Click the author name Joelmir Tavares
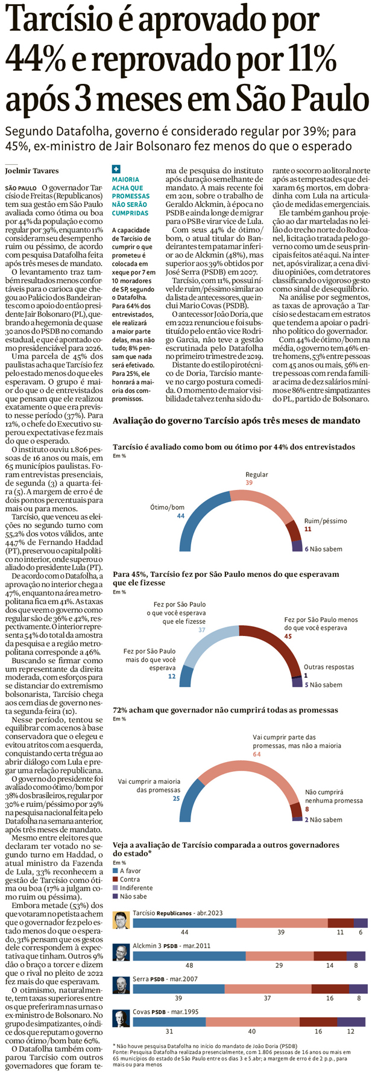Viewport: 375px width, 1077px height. (x=32, y=171)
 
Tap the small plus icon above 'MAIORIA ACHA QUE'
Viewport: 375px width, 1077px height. (x=116, y=170)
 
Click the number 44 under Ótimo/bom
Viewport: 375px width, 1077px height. (x=180, y=516)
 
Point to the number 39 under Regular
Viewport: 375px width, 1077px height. (x=249, y=483)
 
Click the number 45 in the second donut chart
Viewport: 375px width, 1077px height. (x=288, y=636)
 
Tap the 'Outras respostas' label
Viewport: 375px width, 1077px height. (x=329, y=667)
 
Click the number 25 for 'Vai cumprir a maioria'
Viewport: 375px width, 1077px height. (x=176, y=798)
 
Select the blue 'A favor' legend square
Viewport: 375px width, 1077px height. (x=116, y=871)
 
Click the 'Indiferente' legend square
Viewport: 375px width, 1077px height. (x=116, y=888)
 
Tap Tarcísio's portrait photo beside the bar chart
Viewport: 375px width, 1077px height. (x=121, y=921)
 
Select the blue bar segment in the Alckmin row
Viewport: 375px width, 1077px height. (x=189, y=956)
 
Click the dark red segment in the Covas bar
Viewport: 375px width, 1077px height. (x=318, y=1021)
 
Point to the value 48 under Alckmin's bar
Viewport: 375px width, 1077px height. (x=189, y=965)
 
